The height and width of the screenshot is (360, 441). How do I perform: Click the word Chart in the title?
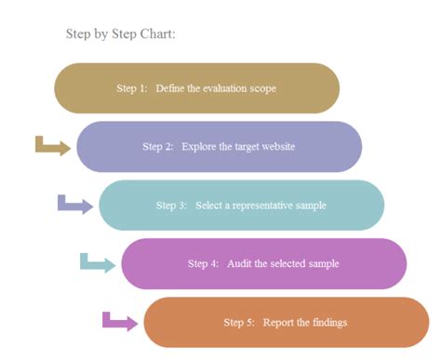tap(157, 33)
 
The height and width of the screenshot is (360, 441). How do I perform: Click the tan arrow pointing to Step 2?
tap(53, 147)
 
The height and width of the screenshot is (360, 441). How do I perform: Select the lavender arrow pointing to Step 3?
tap(75, 206)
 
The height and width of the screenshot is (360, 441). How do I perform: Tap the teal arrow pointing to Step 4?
tap(98, 264)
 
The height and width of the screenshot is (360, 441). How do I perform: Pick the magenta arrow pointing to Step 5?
tap(120, 323)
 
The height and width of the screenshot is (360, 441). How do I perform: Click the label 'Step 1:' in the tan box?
tap(132, 88)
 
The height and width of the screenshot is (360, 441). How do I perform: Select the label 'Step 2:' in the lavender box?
tap(158, 146)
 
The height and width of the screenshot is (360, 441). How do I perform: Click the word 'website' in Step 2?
tap(278, 146)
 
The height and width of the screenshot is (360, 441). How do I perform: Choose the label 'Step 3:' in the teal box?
tap(171, 206)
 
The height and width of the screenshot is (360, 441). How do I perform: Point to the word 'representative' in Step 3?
tap(262, 206)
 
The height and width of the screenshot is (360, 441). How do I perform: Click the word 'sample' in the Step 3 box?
tap(311, 206)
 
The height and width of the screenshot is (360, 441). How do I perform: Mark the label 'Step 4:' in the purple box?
tap(203, 263)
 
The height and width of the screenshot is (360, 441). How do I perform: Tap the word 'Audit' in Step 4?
tap(239, 263)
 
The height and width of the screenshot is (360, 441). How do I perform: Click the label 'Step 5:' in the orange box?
tap(239, 323)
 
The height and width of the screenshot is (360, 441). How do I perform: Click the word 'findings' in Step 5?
tap(329, 323)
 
